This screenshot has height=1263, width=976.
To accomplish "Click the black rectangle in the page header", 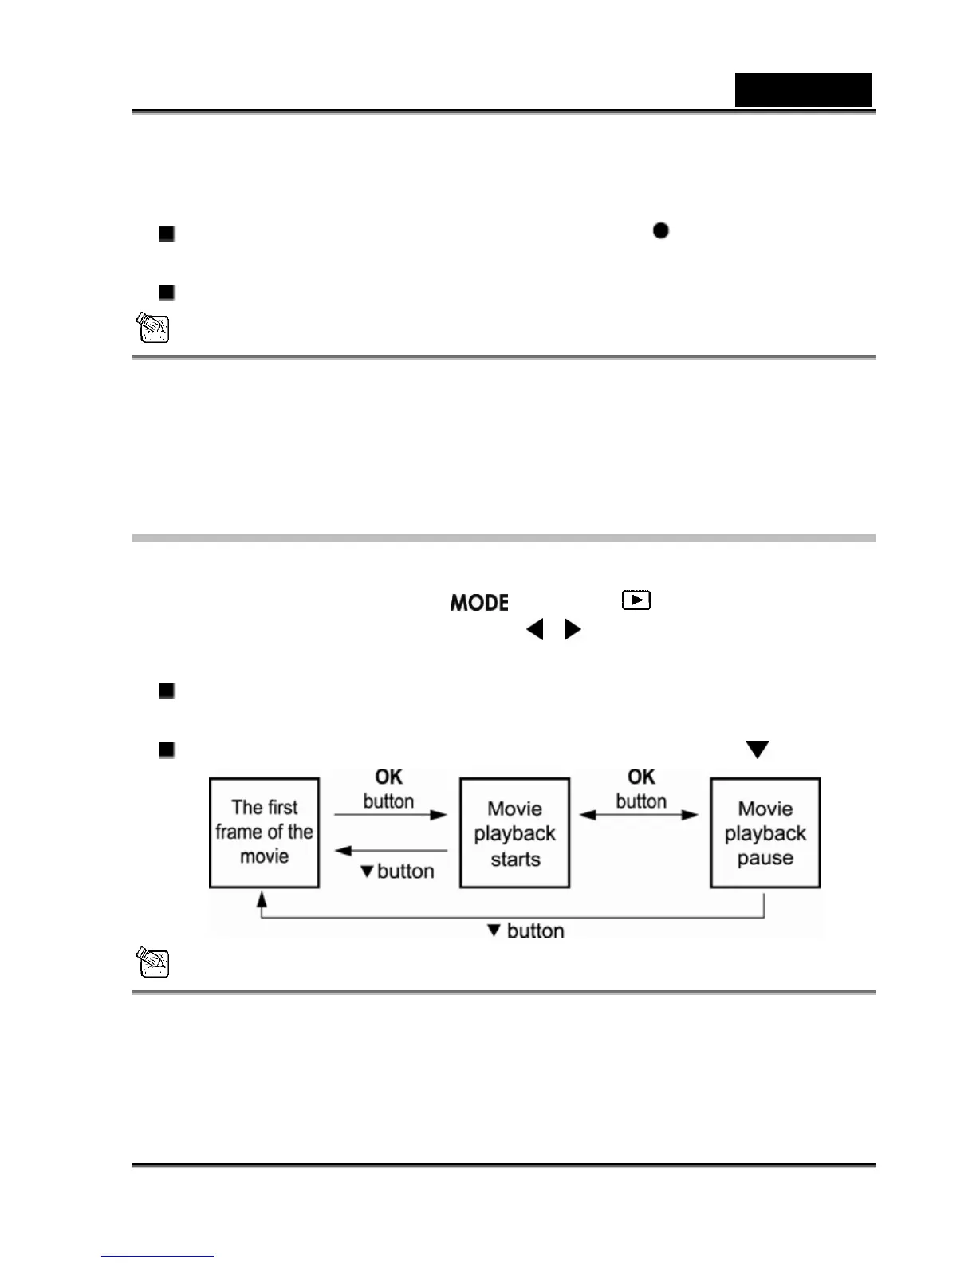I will (803, 89).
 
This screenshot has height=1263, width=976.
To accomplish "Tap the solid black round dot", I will (660, 230).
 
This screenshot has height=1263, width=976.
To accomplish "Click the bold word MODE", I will (479, 603).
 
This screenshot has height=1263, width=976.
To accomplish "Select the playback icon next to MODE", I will (636, 600).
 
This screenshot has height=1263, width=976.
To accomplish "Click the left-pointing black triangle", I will (534, 630).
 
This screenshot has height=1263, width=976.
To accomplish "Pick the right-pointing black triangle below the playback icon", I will (572, 630).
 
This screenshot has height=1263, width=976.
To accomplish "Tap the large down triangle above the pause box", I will (757, 750).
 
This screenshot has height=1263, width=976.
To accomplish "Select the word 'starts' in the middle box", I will (515, 859).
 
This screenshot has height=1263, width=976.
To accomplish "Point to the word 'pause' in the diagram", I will (765, 858).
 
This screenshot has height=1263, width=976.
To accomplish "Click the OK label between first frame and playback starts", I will (389, 777).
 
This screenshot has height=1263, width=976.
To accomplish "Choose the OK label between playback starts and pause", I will (641, 777).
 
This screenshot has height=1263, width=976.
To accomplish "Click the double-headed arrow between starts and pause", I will (639, 815).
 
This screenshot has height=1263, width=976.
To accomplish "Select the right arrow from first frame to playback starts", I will (390, 815).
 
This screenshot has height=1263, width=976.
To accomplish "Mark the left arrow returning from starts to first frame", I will (390, 851).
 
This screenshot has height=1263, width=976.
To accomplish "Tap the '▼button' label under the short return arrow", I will (397, 871).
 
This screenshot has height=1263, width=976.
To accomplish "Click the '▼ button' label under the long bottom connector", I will (525, 931).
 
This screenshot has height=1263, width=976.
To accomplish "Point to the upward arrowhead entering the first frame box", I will (261, 899).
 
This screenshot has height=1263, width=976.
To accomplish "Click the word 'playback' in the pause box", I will (765, 833).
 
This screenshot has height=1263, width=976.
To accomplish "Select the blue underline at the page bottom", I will (157, 1256).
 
